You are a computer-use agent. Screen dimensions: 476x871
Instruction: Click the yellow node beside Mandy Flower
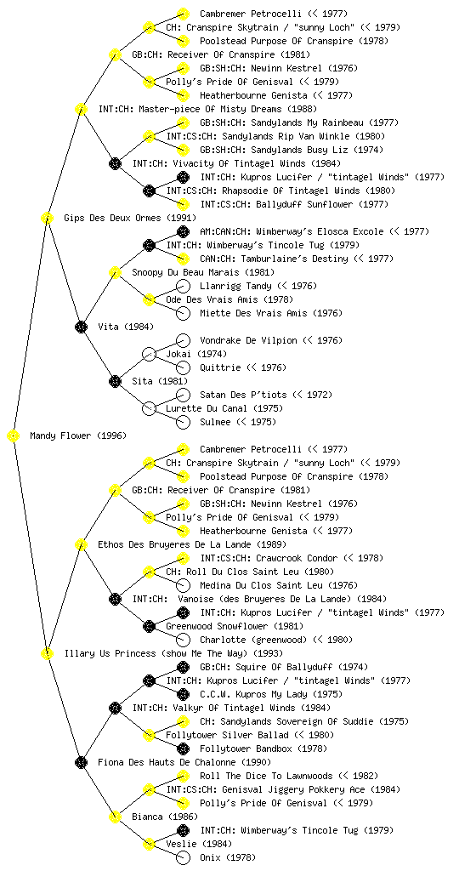pyautogui.click(x=14, y=435)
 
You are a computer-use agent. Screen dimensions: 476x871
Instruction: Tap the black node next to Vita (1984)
pyautogui.click(x=81, y=327)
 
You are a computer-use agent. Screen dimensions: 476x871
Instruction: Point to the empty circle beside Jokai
pyautogui.click(x=149, y=354)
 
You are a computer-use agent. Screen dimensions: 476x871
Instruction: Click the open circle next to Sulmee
pyautogui.click(x=183, y=422)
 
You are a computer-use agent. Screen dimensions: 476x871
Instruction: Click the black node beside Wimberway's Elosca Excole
pyautogui.click(x=183, y=231)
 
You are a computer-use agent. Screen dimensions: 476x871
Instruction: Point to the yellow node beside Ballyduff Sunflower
pyautogui.click(x=183, y=204)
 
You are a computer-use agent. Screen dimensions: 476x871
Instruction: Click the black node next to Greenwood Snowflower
pyautogui.click(x=149, y=626)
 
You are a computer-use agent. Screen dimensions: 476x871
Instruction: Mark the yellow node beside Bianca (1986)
pyautogui.click(x=115, y=817)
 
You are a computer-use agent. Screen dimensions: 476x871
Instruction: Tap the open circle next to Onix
pyautogui.click(x=183, y=857)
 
